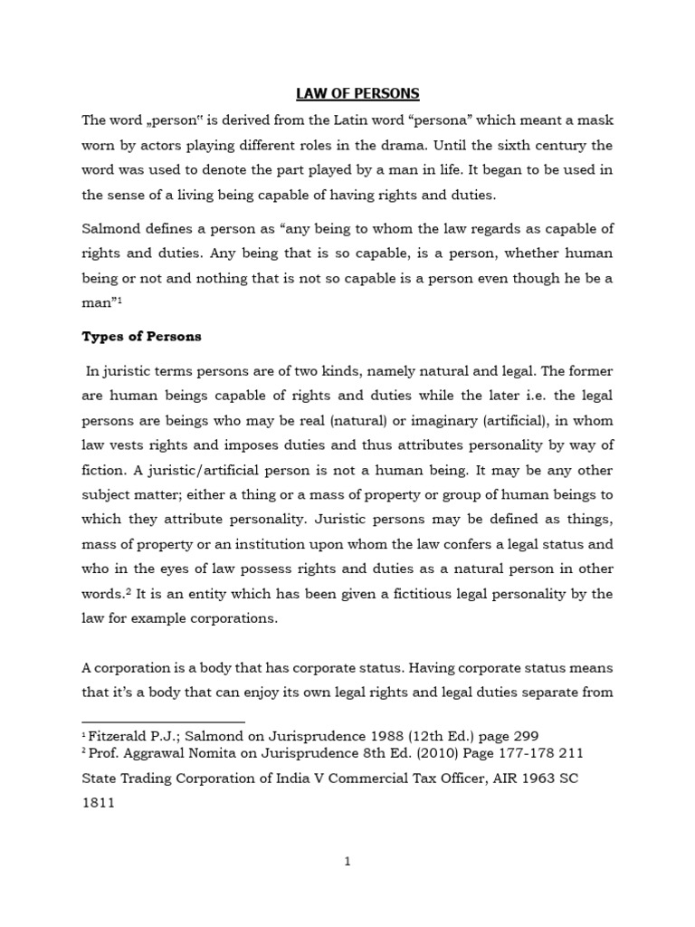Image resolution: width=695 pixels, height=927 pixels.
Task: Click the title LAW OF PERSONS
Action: (x=347, y=92)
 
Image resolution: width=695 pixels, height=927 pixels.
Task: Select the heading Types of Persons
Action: (x=141, y=336)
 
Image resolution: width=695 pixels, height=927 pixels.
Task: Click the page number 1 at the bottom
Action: (x=347, y=862)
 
